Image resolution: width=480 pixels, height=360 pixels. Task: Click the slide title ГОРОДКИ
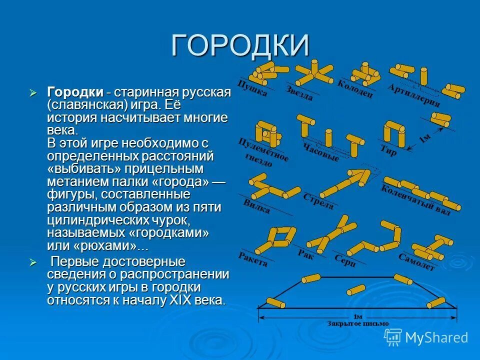(x=240, y=46)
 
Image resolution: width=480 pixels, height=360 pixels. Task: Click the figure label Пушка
(x=252, y=88)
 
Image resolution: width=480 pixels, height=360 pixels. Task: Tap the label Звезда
(x=300, y=93)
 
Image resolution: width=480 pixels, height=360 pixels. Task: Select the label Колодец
(x=355, y=89)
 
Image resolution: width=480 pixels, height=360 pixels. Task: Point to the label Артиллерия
(x=414, y=95)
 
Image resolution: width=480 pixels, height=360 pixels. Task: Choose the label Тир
(x=388, y=150)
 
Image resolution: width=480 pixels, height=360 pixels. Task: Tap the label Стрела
(x=318, y=201)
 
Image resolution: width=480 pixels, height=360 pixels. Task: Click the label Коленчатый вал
(x=415, y=200)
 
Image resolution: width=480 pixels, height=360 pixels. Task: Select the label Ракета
(x=253, y=259)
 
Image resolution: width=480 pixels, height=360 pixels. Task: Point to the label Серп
(x=345, y=260)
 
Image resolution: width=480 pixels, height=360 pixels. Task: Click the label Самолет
(x=416, y=262)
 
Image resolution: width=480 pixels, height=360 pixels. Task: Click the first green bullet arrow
(x=33, y=93)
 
